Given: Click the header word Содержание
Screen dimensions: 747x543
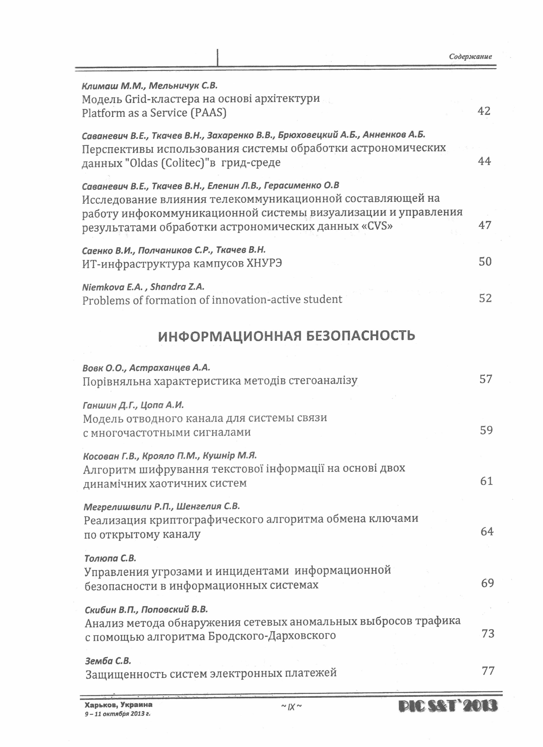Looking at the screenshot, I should tap(470, 56).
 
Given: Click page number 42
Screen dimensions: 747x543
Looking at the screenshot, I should tap(484, 111).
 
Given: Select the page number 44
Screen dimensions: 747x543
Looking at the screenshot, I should tap(484, 161).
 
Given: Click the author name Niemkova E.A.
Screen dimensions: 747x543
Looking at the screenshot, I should tap(112, 287).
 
